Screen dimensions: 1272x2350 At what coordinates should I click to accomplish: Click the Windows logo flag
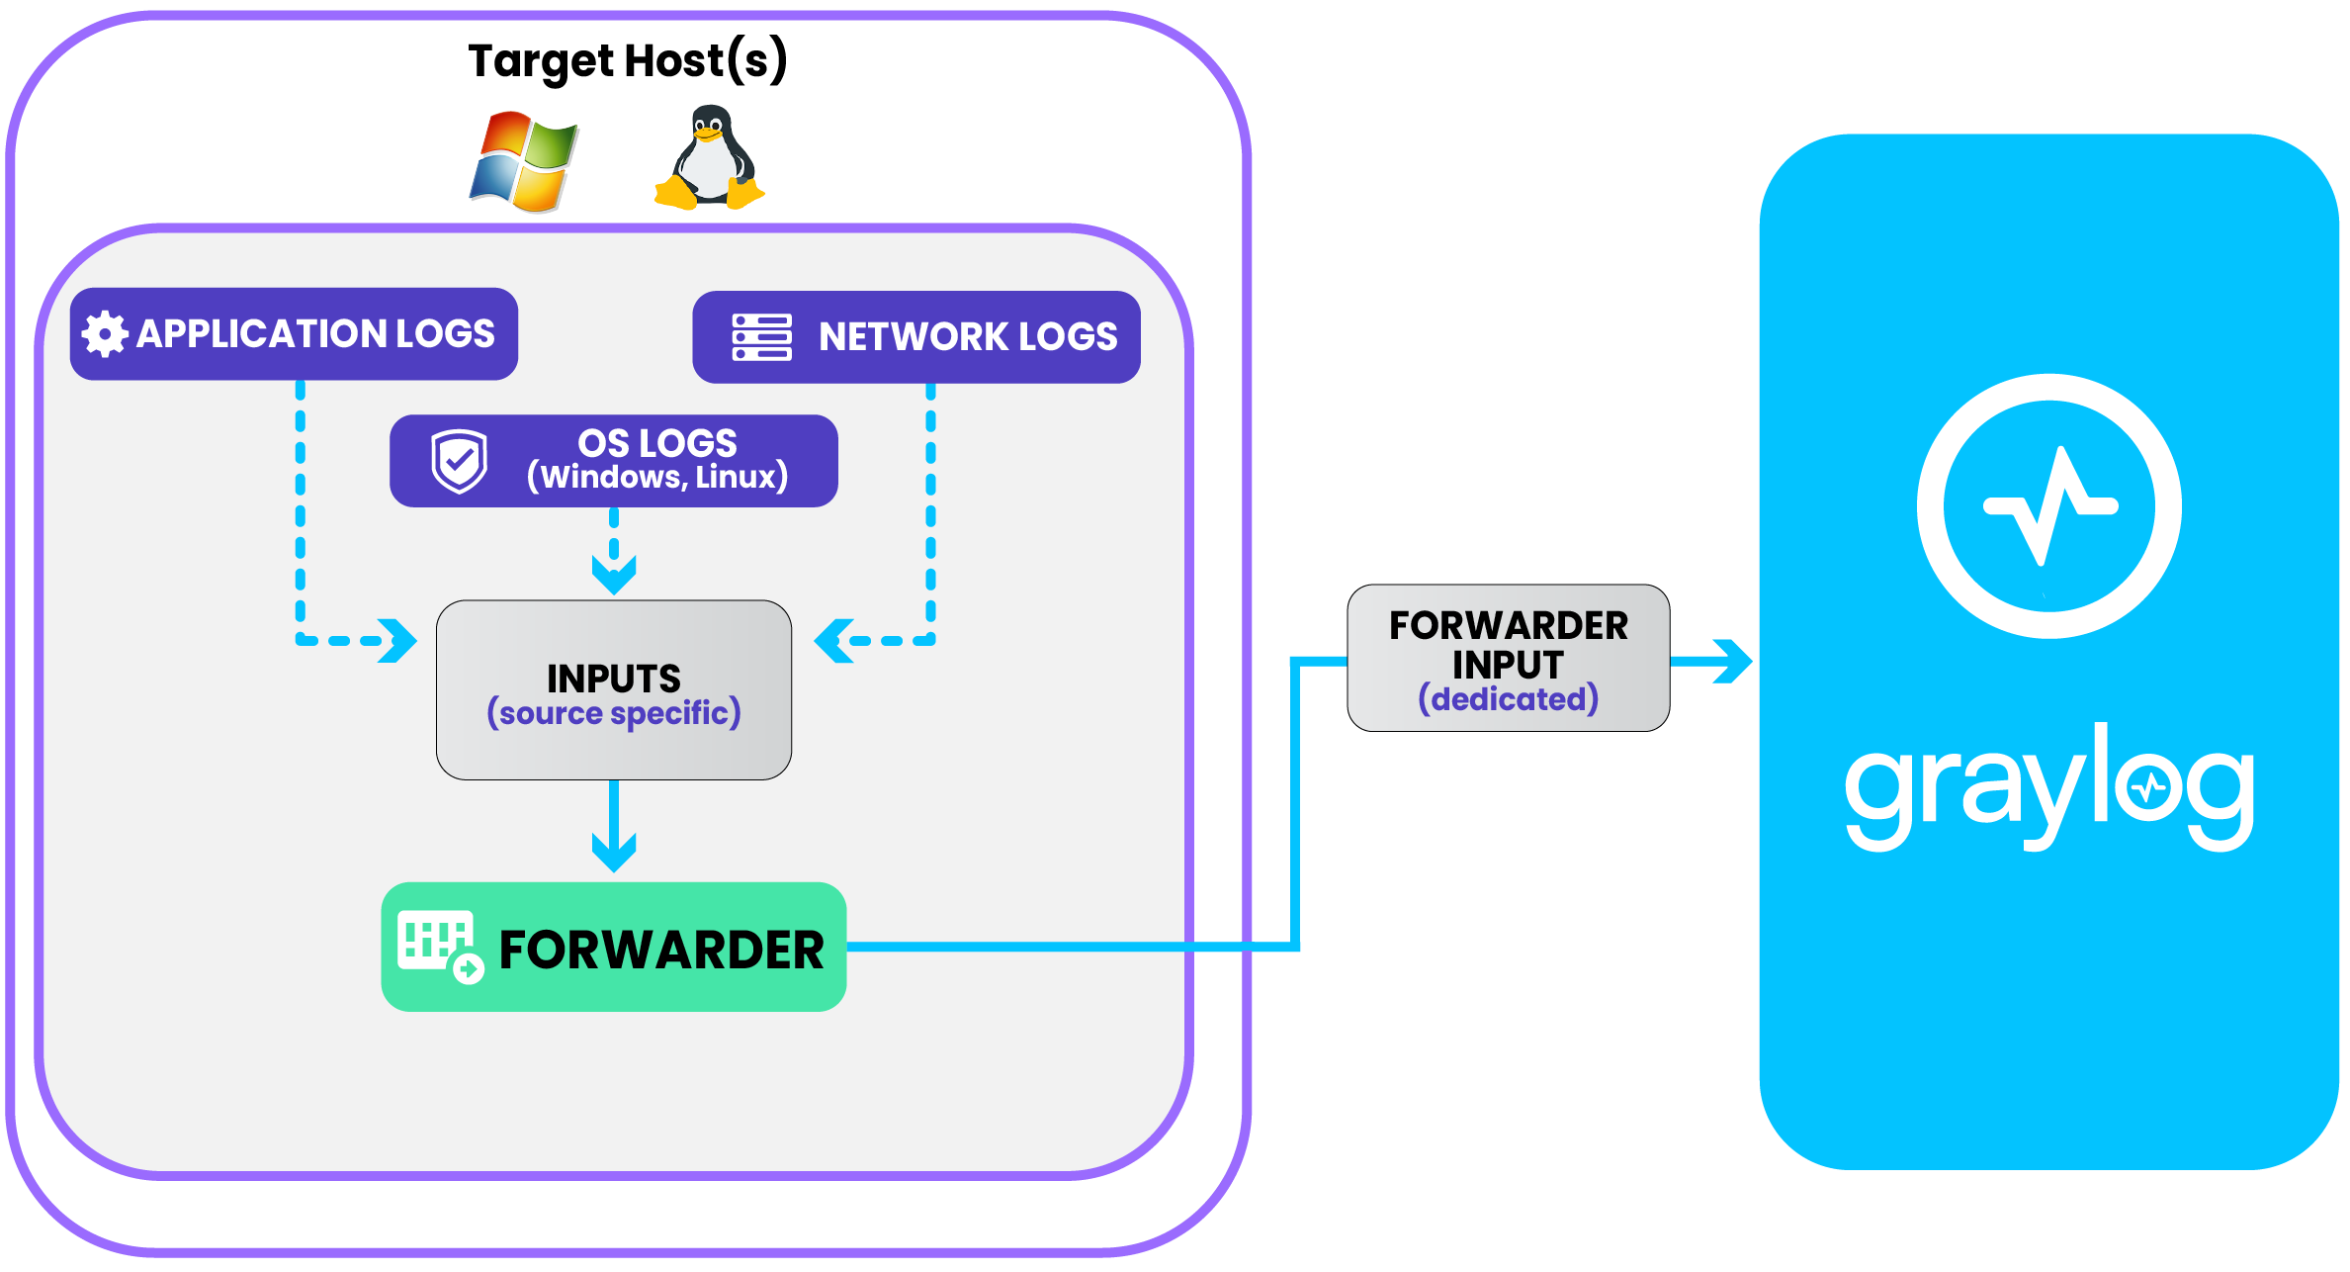tap(524, 161)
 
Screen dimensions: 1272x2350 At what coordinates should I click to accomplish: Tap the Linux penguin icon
tap(709, 158)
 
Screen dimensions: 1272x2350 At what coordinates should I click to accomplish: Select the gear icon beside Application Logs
tap(104, 334)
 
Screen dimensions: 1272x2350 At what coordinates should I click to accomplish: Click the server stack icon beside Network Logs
tap(761, 337)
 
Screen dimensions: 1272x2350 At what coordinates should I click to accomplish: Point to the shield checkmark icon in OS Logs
tap(459, 461)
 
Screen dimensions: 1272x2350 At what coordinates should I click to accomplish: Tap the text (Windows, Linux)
tap(657, 478)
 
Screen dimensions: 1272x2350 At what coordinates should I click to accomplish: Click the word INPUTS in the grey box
tap(613, 679)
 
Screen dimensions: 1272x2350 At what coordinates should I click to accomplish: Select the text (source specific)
tap(613, 713)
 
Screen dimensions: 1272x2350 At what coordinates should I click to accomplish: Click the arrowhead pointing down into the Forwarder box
tap(614, 851)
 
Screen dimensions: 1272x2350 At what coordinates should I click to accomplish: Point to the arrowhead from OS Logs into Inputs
tap(614, 574)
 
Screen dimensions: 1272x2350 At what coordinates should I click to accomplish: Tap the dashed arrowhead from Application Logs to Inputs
tap(398, 641)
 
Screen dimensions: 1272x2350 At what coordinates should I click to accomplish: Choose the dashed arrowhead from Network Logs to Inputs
tap(833, 641)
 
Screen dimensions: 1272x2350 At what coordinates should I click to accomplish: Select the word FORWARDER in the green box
tap(661, 951)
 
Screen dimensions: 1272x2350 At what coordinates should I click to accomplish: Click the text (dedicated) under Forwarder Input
tap(1508, 699)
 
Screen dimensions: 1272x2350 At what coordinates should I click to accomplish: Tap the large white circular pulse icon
tap(2048, 506)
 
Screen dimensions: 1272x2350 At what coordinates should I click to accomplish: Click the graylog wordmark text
tap(2048, 791)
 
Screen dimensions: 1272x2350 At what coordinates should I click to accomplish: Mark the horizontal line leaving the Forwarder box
tap(1068, 948)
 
